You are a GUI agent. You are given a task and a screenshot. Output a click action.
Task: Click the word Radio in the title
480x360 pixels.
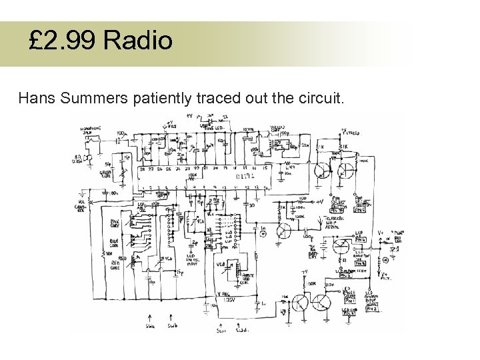139,41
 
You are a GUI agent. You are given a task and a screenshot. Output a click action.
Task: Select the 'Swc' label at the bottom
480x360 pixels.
221,329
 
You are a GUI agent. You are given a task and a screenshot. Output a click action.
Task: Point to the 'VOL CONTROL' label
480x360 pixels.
81,202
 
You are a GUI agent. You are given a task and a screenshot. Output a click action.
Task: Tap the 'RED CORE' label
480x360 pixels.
115,265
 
